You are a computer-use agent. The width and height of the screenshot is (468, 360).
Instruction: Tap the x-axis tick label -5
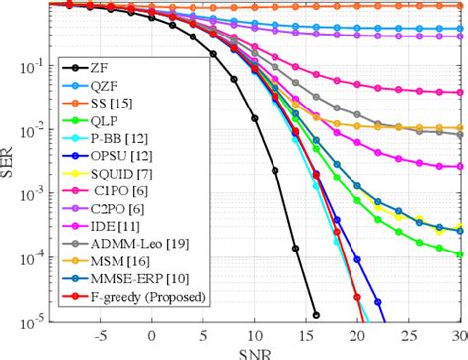point(99,335)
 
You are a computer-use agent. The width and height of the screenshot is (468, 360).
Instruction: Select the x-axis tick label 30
point(457,335)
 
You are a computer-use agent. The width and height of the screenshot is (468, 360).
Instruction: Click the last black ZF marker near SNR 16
point(315,315)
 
